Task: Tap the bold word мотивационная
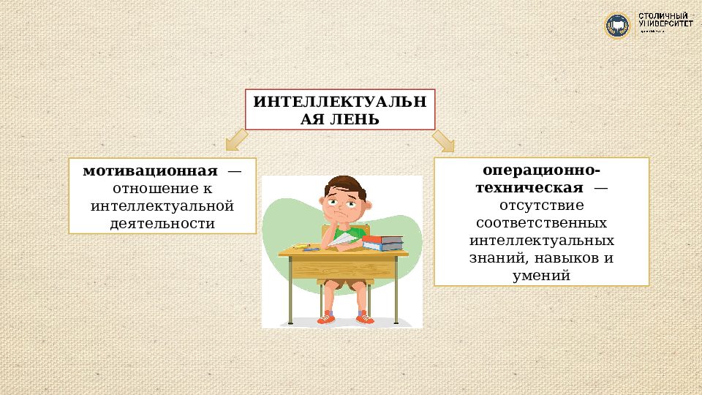pos(150,171)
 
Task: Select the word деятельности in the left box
pos(162,224)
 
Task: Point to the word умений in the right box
pos(541,276)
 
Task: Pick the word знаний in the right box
pos(494,258)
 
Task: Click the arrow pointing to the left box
pos(236,138)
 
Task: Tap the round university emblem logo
pos(617,26)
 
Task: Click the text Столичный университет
pos(665,20)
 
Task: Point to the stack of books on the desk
pos(382,242)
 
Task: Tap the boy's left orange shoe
pos(325,317)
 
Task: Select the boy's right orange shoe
pos(363,317)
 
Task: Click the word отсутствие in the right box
pos(541,206)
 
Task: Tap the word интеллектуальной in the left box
pos(162,206)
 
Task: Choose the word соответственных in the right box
pos(541,223)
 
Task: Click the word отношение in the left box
pos(154,189)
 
